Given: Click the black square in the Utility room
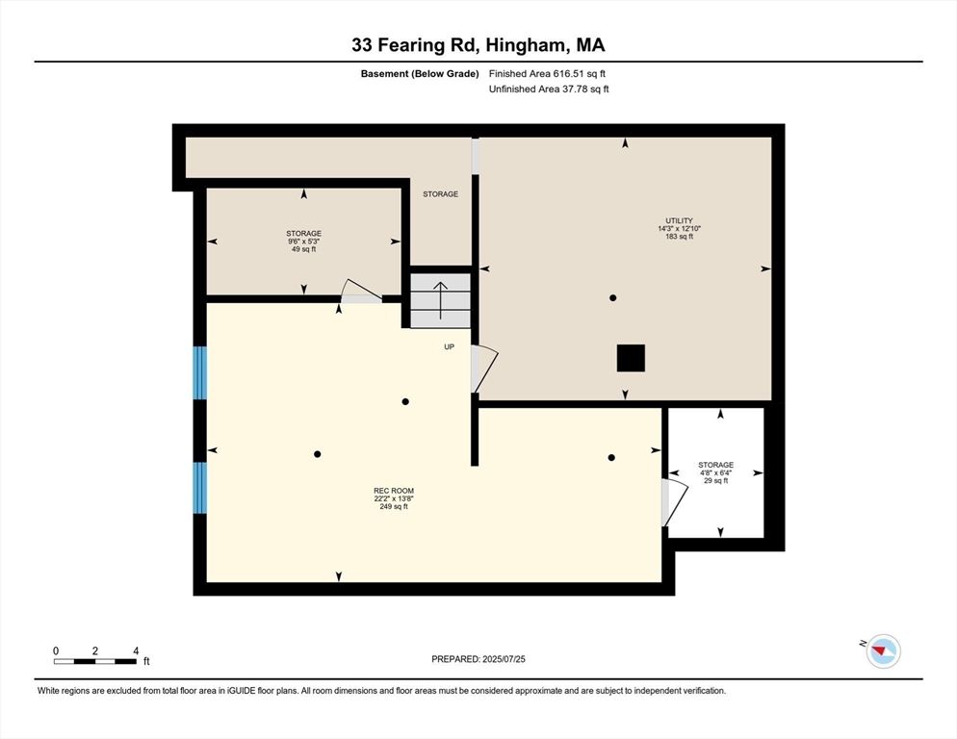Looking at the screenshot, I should click(631, 358).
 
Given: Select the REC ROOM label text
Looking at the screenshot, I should click(394, 498).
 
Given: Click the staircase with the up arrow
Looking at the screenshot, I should click(441, 299).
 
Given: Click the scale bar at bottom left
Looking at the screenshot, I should click(95, 660).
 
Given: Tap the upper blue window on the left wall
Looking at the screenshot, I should click(200, 372).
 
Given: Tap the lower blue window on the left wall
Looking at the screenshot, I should click(200, 488).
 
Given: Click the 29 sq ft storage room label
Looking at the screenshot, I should click(715, 472).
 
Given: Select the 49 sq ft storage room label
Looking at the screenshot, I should click(303, 241).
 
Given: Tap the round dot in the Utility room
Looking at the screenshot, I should click(612, 298).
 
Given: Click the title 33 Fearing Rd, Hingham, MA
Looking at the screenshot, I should click(478, 44).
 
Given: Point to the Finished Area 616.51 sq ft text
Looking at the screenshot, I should click(548, 73).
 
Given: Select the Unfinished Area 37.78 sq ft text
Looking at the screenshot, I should click(549, 89).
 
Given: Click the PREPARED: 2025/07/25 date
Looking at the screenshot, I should click(478, 659).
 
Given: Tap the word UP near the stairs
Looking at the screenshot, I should click(449, 346).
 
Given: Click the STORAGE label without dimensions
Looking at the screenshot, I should click(441, 194).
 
